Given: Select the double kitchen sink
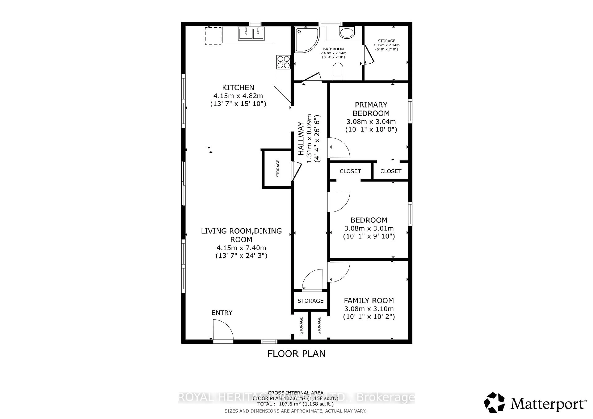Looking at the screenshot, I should pos(251,33).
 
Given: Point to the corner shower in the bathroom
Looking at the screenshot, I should pos(306,40).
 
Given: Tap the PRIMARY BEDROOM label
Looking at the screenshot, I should pos(371,109).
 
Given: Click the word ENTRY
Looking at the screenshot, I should pos(222,313).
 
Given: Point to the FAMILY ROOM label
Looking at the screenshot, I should pos(369,301).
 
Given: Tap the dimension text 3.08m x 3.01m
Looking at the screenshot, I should pos(369,228).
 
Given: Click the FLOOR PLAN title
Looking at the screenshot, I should pos(296,354).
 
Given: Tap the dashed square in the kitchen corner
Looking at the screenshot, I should pos(213,36).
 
